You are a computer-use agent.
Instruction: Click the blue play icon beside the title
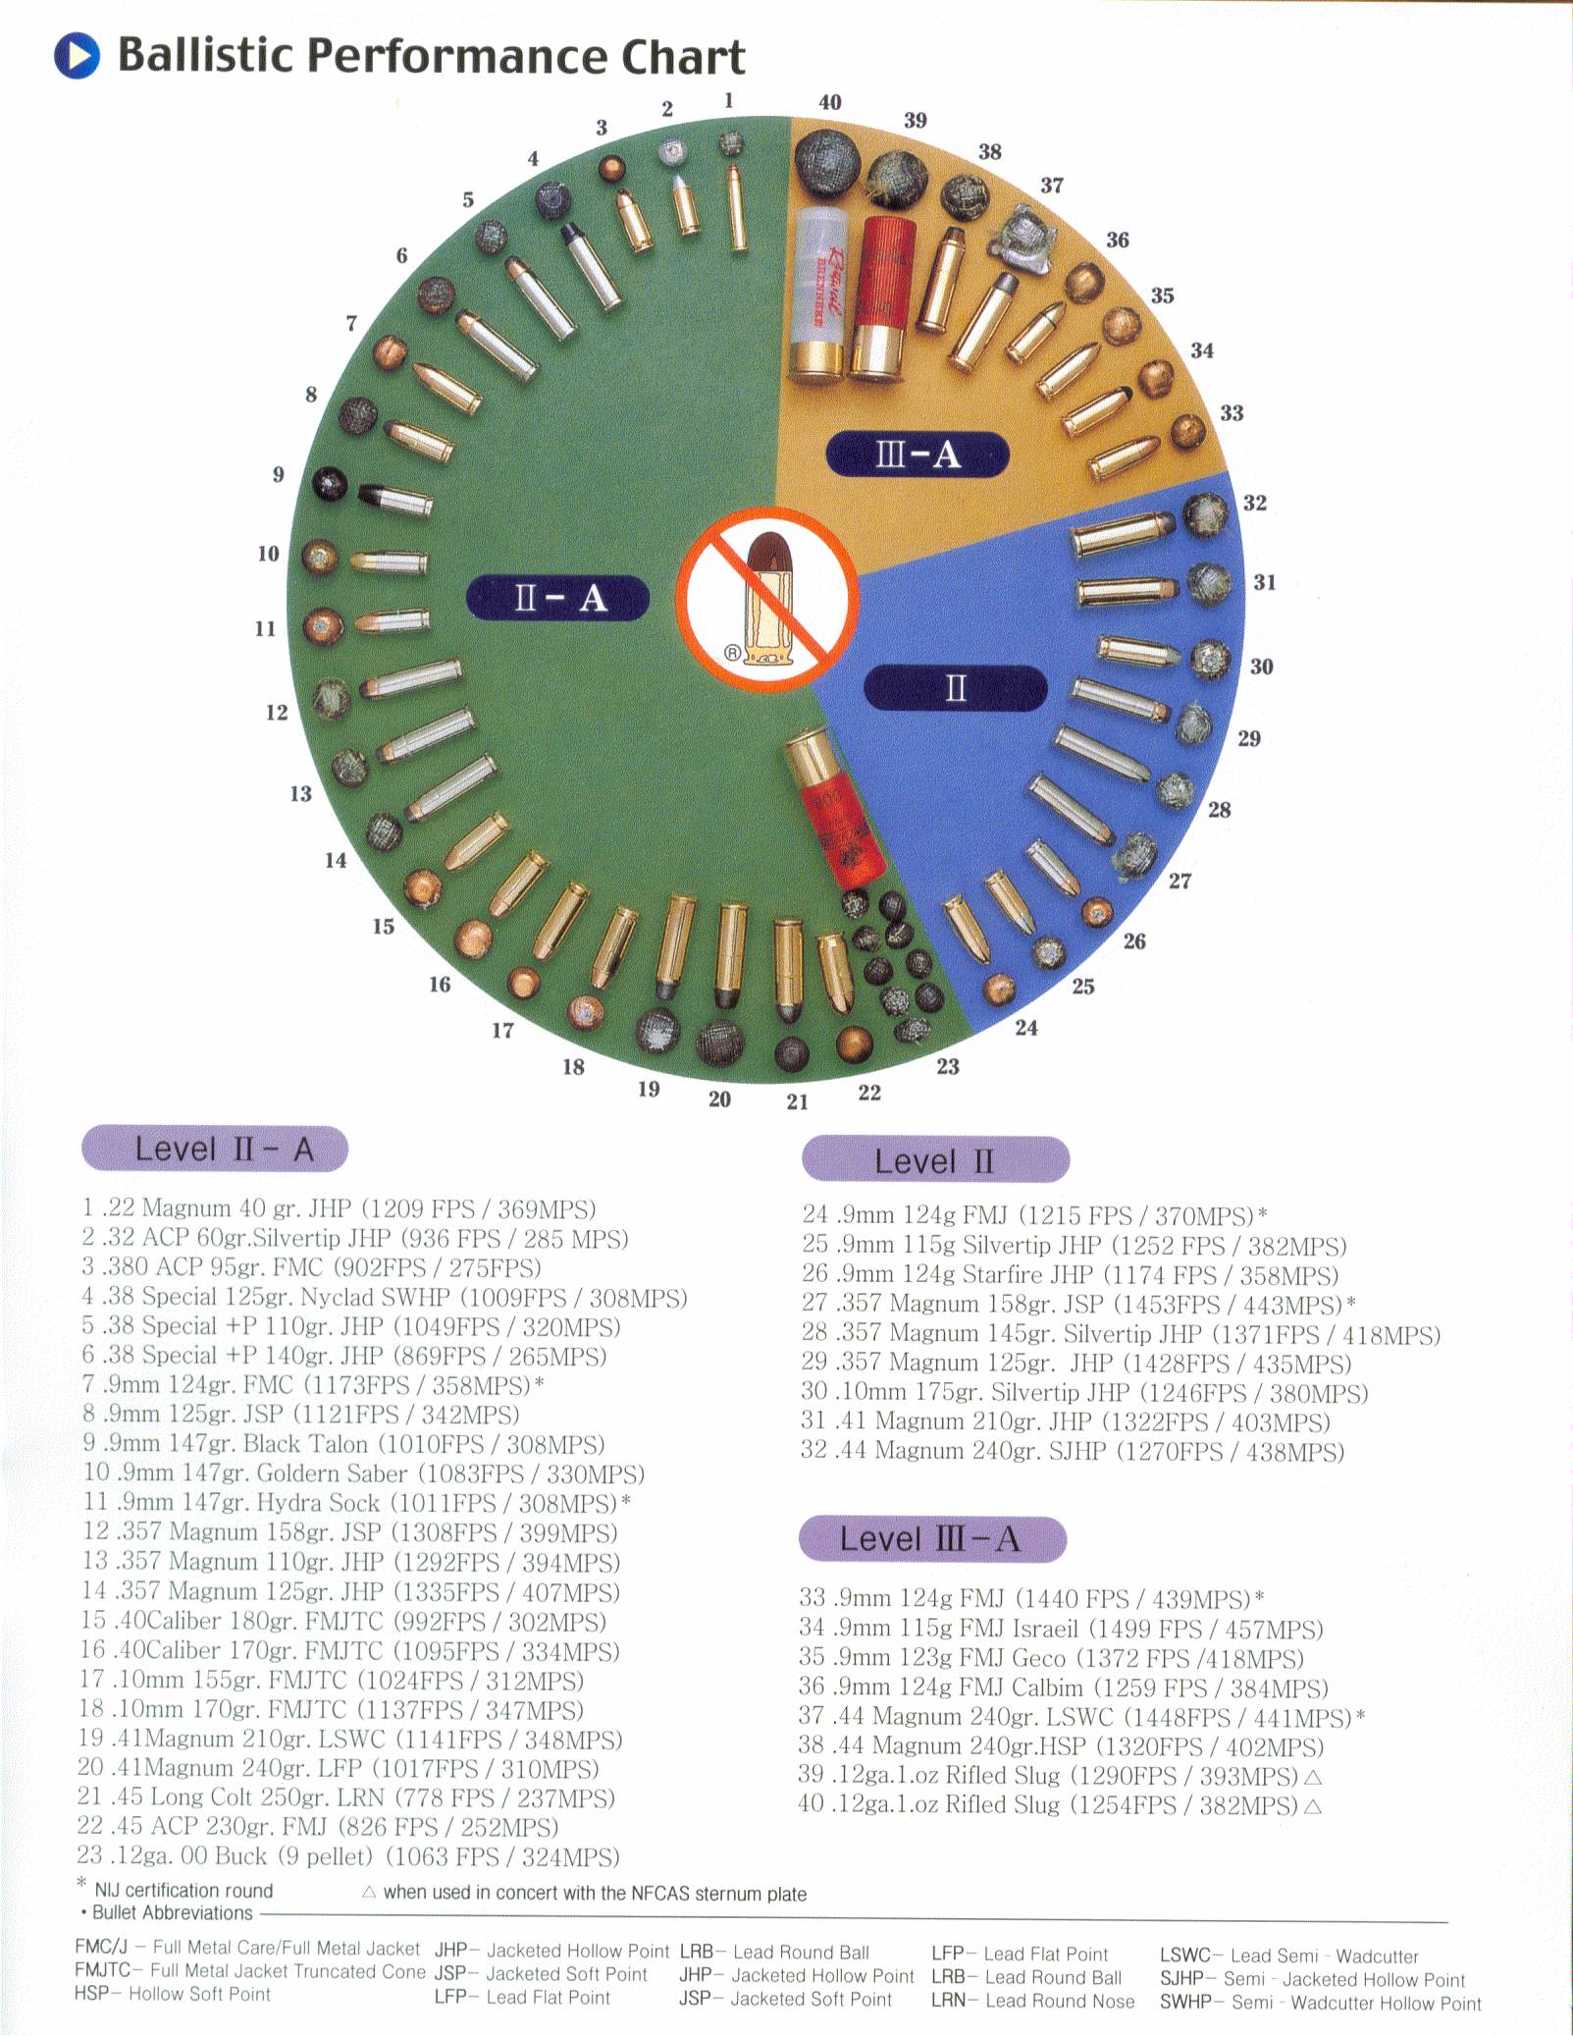77,55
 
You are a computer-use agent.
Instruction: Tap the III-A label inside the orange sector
918,455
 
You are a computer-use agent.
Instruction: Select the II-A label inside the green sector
557,597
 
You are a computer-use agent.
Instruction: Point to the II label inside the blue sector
955,687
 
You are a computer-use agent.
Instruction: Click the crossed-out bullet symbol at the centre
768,600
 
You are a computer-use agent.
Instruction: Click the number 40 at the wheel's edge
829,102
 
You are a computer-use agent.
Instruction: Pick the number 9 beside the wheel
278,475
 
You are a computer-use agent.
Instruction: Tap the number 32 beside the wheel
1254,503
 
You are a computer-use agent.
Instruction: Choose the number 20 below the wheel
719,1099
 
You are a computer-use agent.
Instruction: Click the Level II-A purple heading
215,1149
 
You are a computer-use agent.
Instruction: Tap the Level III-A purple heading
932,1538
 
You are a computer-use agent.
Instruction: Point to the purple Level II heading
935,1160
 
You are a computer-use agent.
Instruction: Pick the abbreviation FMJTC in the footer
102,1970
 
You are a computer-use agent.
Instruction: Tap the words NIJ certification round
184,1890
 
